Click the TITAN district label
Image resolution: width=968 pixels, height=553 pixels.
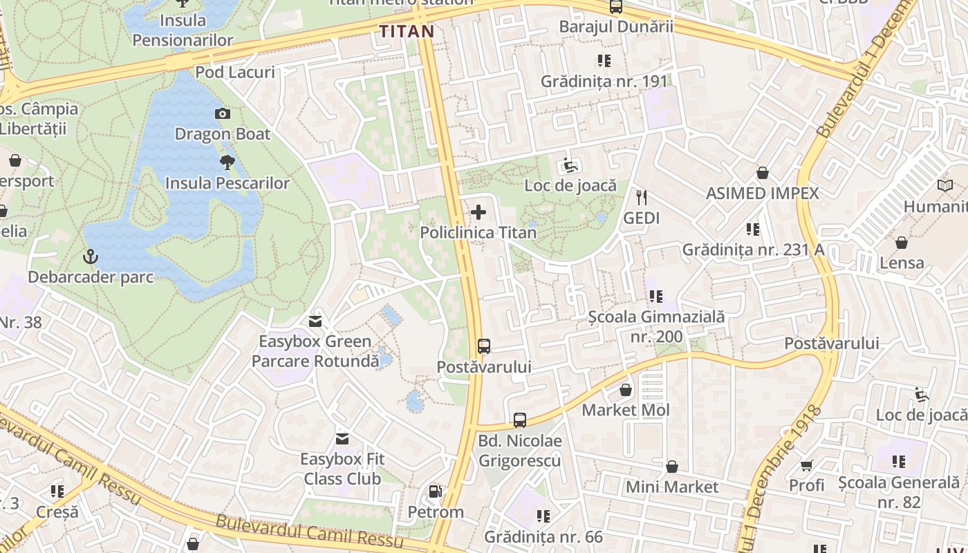coord(407,31)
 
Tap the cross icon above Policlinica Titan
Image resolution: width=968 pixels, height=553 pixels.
coord(478,212)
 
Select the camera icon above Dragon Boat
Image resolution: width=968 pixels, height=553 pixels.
coord(222,113)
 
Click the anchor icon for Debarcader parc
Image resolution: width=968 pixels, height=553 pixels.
coord(89,257)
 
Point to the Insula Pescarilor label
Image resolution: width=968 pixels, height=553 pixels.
coord(227,183)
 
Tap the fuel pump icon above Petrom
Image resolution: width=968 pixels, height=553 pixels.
coord(435,491)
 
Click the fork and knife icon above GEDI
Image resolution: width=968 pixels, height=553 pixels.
coord(642,198)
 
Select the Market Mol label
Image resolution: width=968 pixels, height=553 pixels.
coord(626,410)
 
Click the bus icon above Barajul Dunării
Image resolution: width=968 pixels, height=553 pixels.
coord(615,7)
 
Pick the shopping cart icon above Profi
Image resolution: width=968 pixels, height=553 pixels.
coord(806,465)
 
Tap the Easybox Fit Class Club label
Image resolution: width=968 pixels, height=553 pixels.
coord(342,469)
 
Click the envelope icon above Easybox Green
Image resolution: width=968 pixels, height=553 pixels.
coord(315,321)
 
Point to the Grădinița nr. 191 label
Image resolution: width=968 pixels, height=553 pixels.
coord(604,81)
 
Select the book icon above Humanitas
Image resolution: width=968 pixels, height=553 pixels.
coord(944,185)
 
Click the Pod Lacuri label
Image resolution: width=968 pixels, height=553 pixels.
coord(235,72)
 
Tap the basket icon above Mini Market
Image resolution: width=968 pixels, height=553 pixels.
coord(671,467)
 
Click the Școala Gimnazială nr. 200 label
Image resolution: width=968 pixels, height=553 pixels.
coord(656,326)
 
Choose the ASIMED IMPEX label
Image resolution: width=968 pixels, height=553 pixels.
coord(762,194)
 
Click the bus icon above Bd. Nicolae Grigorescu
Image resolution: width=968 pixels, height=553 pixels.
coord(519,420)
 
